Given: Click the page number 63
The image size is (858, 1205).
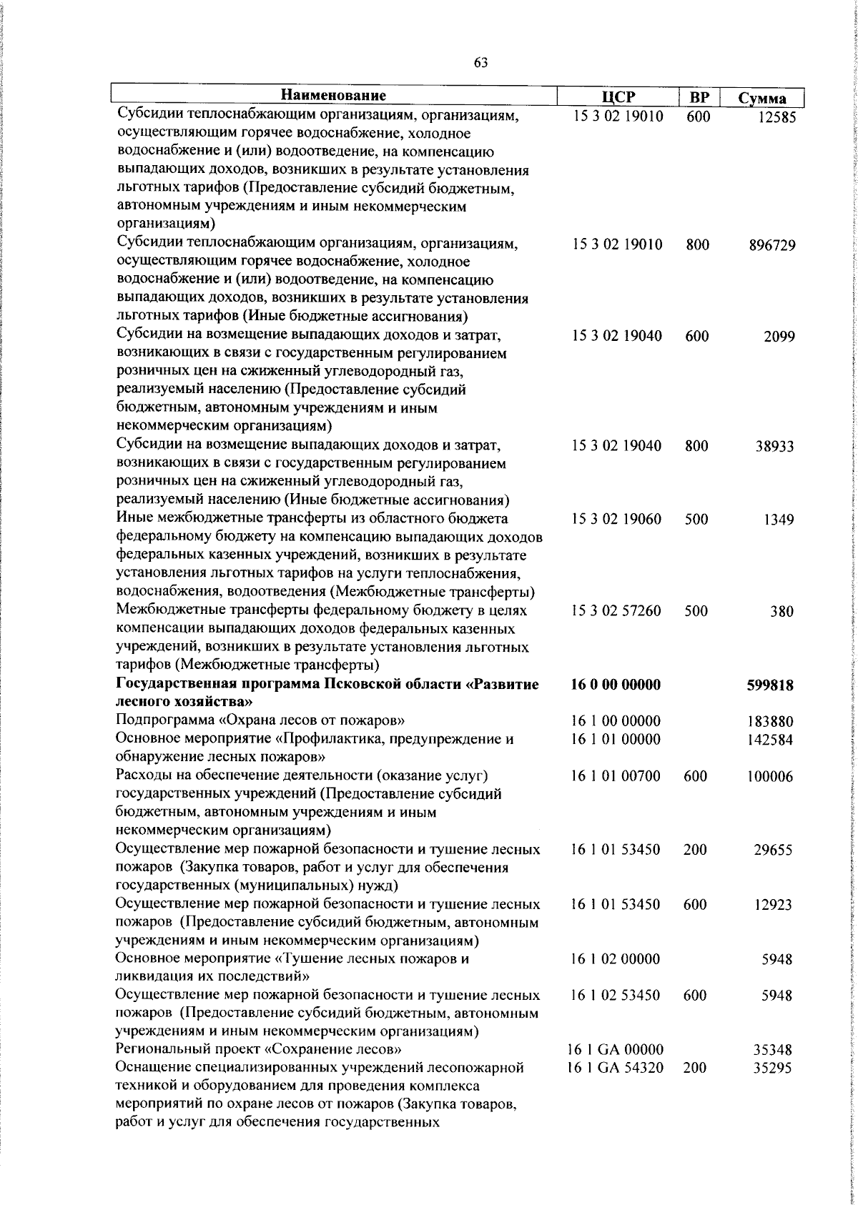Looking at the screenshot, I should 480,62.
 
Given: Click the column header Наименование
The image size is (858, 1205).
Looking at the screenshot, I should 333,96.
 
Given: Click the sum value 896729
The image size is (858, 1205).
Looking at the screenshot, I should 772,246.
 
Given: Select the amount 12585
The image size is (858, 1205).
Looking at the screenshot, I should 776,118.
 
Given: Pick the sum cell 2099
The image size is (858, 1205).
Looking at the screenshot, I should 779,337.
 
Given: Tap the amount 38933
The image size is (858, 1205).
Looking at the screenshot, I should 775,447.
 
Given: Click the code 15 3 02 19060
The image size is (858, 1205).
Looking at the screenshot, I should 616,520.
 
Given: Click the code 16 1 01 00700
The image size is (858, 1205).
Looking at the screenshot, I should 616,777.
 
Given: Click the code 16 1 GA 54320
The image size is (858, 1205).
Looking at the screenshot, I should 616,1068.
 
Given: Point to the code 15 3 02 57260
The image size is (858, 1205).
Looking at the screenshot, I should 616,611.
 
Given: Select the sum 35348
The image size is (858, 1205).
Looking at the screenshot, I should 773,1051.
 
